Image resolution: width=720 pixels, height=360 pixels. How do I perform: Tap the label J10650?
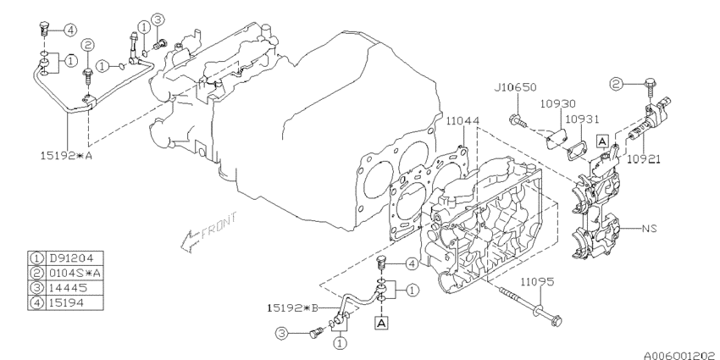point(514,88)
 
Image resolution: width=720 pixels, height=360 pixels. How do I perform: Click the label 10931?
point(583,119)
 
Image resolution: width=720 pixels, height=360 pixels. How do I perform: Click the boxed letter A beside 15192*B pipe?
point(382,323)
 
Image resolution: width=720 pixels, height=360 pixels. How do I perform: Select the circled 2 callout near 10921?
point(618,83)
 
